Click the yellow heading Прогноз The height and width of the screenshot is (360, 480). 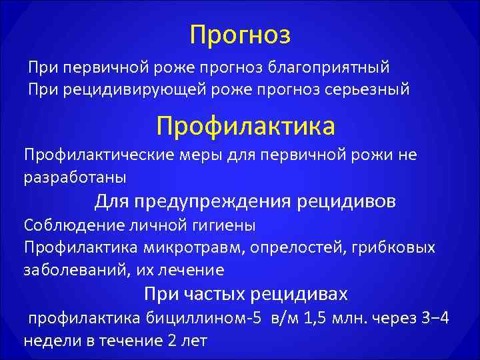(x=240, y=35)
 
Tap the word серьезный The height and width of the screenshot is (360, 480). (x=366, y=88)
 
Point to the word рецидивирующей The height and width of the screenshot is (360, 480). (x=124, y=88)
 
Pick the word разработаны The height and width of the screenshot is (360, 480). (x=75, y=177)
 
